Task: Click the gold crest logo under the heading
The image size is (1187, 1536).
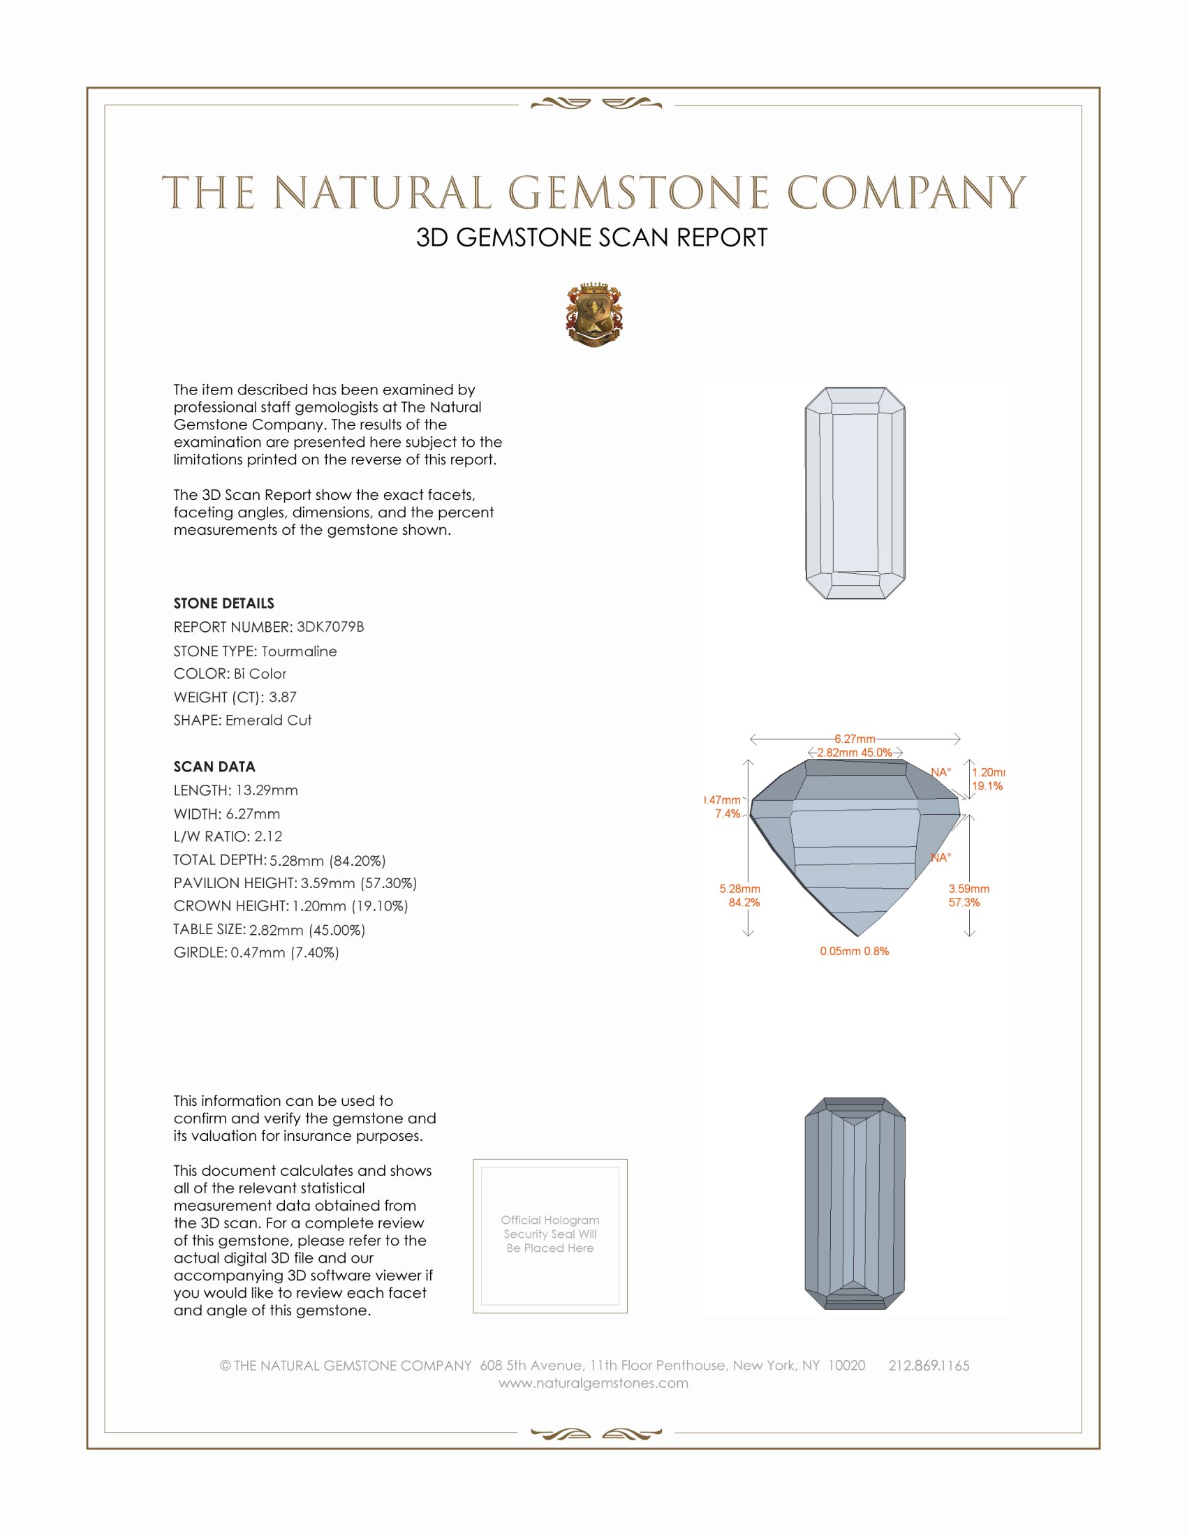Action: (593, 314)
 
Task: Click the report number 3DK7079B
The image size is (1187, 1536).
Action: (330, 627)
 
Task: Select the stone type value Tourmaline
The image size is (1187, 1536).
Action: (299, 651)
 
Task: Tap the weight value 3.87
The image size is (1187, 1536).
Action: (283, 697)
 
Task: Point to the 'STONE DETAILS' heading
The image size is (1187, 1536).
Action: (223, 603)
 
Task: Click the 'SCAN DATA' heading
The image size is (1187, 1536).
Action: (214, 767)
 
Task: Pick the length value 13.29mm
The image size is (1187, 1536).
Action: (267, 790)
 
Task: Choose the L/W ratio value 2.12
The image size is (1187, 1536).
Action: (268, 836)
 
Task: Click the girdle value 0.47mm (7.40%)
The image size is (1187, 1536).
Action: (285, 953)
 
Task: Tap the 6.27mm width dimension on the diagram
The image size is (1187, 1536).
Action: (855, 739)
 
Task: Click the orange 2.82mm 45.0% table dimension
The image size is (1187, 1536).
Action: (855, 753)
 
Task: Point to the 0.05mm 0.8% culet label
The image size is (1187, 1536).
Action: (855, 951)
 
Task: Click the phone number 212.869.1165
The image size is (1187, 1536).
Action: (928, 1366)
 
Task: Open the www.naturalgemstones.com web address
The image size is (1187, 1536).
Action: (593, 1383)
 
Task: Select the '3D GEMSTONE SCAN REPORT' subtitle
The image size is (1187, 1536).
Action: (591, 237)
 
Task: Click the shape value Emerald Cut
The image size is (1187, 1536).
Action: (268, 721)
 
